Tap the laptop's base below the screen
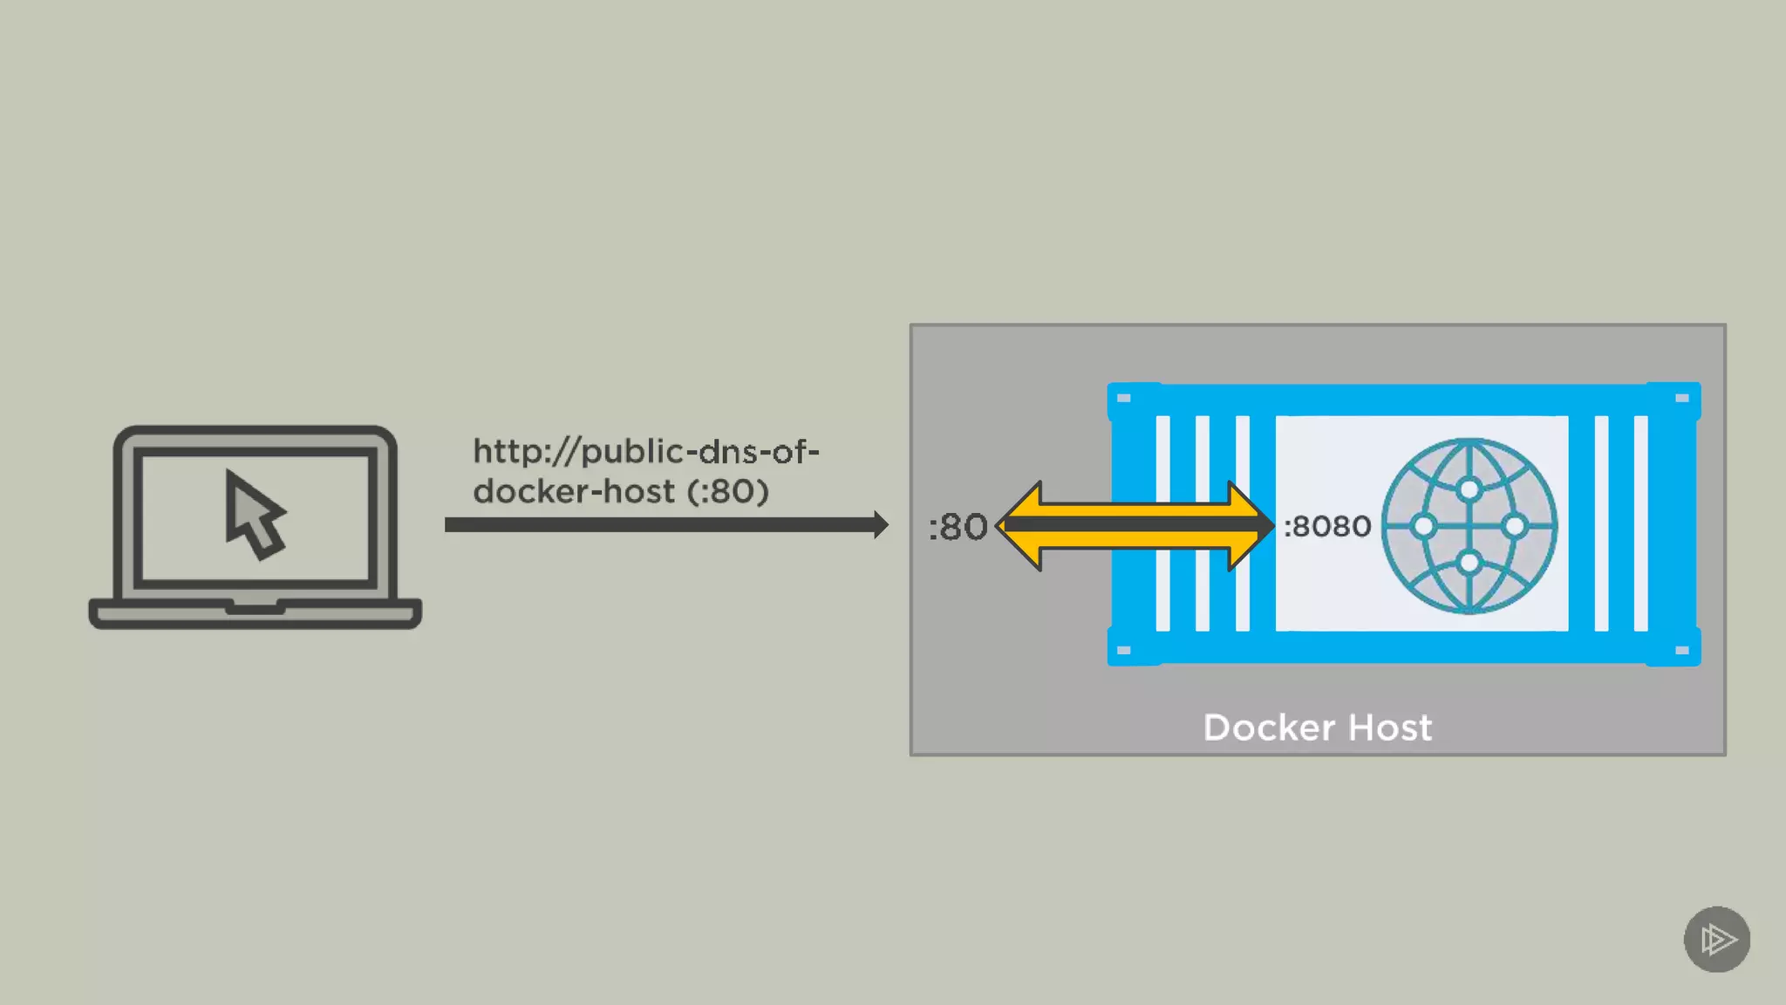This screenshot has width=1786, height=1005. pos(255,613)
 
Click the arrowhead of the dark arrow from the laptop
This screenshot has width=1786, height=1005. pos(881,524)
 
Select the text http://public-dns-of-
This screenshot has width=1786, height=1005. pos(645,452)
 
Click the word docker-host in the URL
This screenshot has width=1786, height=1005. pos(574,492)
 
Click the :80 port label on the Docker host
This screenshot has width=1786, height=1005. pos(958,527)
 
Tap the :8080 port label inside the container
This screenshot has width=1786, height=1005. pos(1327,526)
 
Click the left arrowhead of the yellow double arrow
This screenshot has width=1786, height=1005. pos(1019,525)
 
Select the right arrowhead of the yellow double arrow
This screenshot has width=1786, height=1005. pos(1251,525)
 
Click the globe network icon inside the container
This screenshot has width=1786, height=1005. pos(1469,526)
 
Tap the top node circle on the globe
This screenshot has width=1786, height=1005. pos(1469,489)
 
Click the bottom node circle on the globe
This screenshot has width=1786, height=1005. pos(1469,563)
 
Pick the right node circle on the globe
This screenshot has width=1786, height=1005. pos(1515,526)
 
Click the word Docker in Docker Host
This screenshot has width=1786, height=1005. pos(1269,728)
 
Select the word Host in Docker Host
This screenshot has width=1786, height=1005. pos(1390,728)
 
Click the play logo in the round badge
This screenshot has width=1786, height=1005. pos(1717,940)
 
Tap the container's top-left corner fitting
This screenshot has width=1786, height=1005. pos(1125,399)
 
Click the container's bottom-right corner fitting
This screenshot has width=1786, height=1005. pos(1682,650)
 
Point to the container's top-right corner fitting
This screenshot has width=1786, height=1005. pos(1682,399)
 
